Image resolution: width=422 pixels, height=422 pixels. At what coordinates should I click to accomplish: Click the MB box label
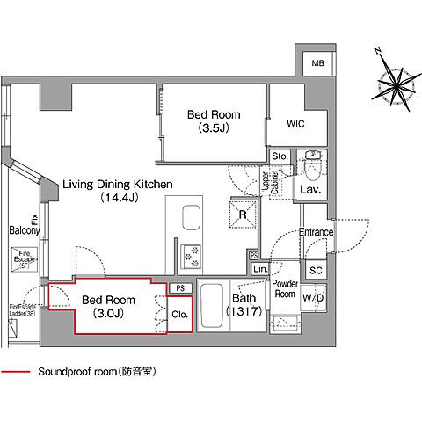click(x=316, y=64)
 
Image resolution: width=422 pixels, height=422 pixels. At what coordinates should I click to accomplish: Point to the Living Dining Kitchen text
click(x=116, y=191)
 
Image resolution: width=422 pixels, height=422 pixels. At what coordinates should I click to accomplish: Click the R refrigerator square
click(x=242, y=212)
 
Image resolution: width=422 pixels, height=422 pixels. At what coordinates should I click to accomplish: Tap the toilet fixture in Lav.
click(x=310, y=164)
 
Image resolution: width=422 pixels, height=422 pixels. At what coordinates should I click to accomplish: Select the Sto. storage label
click(x=280, y=157)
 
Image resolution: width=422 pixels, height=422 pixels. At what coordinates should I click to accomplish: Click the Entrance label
click(x=316, y=232)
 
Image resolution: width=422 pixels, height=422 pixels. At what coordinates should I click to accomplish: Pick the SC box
click(x=316, y=270)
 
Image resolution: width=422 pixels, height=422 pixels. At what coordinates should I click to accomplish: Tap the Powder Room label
click(x=284, y=289)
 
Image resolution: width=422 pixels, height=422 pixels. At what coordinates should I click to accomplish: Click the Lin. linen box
click(x=259, y=269)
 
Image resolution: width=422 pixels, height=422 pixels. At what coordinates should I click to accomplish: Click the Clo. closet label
click(x=179, y=314)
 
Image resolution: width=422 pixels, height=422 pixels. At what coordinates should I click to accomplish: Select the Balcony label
click(x=24, y=230)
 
